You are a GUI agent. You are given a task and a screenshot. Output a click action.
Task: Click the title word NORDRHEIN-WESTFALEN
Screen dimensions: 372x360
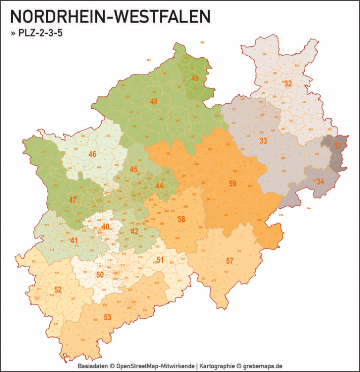click(110, 17)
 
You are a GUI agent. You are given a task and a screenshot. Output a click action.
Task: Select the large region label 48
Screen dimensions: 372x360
click(154, 101)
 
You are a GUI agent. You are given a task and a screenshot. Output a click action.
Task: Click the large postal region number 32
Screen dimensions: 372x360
click(288, 84)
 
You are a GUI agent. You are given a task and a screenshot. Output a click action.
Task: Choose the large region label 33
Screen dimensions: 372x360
click(263, 141)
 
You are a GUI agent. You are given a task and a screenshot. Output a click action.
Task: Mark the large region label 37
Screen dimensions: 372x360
click(338, 146)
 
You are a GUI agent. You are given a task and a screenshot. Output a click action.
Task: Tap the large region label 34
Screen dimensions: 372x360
click(320, 181)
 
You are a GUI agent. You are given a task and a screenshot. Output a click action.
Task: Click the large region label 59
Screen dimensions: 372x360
click(232, 183)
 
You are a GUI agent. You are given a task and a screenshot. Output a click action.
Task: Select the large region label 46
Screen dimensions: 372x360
click(92, 154)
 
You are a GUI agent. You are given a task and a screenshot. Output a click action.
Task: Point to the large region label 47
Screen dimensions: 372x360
click(73, 200)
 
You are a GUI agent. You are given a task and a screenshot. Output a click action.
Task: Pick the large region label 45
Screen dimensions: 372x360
click(134, 169)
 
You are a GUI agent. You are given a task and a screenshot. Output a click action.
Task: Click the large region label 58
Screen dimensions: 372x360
click(181, 219)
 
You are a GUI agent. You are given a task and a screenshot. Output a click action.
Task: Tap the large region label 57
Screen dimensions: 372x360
click(230, 260)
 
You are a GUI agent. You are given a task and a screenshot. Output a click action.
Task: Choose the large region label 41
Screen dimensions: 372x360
click(74, 241)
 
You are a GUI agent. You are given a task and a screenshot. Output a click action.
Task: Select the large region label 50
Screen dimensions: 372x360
click(99, 275)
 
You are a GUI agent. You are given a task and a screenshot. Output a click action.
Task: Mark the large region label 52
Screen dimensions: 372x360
click(58, 290)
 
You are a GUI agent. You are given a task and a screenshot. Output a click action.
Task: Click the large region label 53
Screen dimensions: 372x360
click(107, 318)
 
